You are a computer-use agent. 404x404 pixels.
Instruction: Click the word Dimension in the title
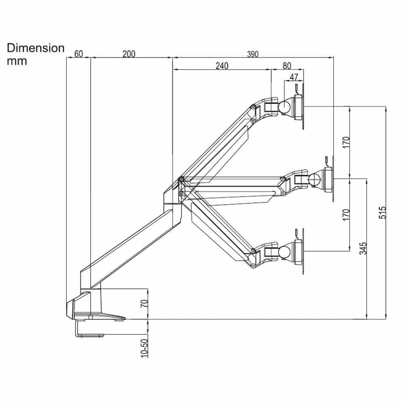36,48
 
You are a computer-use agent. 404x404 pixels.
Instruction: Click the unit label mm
17,61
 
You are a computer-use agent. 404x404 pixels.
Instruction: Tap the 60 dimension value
78,54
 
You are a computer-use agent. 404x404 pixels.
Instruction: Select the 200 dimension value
129,54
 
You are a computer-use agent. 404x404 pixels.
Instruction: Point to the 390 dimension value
253,54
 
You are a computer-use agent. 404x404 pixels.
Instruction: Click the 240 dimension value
222,66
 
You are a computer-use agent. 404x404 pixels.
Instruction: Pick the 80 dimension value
286,66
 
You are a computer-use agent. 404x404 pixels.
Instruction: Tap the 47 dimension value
294,77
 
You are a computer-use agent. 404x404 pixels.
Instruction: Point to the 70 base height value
144,304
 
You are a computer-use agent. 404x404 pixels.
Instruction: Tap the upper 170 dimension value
346,143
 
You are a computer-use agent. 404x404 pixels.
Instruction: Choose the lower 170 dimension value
346,215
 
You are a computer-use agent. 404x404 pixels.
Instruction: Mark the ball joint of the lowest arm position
284,251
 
